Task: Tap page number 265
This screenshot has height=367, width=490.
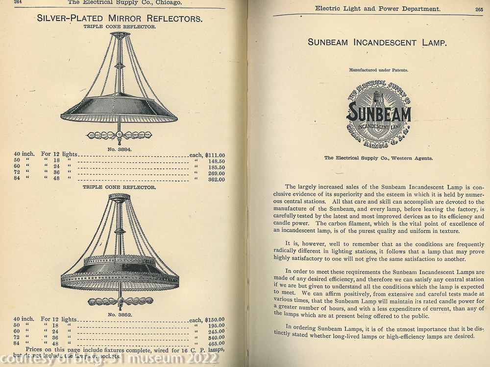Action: point(479,9)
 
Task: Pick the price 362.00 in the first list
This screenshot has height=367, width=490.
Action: point(216,180)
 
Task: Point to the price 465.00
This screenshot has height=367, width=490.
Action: point(216,344)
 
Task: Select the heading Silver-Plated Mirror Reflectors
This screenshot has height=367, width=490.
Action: point(119,19)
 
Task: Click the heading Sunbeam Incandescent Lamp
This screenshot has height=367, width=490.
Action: point(377,43)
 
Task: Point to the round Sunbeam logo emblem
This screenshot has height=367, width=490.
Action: point(379,114)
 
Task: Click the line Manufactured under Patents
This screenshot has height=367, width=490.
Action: point(378,70)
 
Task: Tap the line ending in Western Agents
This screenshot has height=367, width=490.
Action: point(378,158)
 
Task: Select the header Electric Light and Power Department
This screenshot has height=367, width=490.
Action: point(377,8)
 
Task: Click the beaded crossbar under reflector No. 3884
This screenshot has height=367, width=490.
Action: point(119,135)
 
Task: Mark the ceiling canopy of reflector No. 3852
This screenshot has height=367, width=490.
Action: point(119,197)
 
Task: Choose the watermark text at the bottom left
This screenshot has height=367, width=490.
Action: point(108,359)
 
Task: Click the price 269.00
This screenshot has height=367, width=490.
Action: point(216,173)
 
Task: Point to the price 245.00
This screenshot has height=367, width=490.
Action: point(216,331)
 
